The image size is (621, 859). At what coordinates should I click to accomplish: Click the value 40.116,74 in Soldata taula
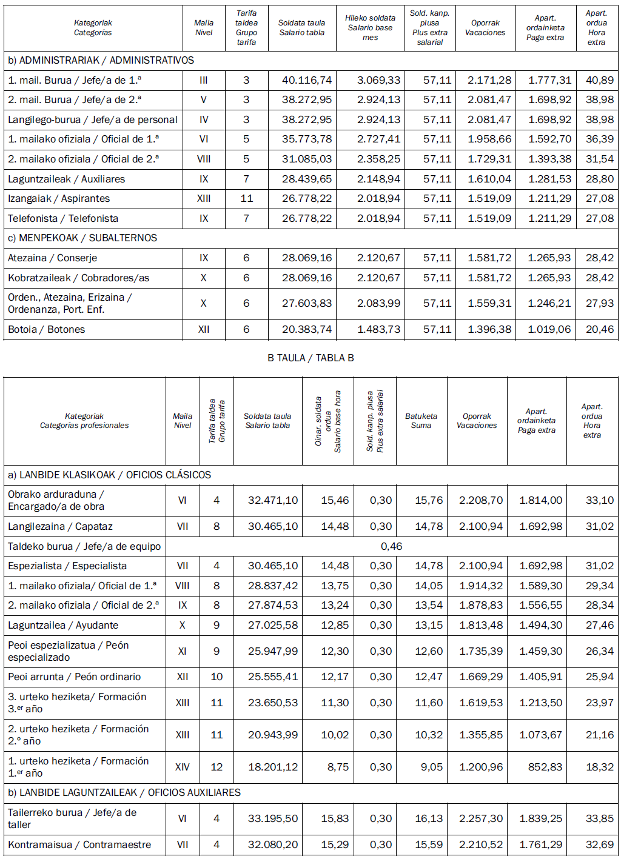[x=307, y=80]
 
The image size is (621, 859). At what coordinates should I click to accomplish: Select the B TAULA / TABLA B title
[x=310, y=358]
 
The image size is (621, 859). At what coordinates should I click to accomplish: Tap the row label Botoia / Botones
[x=47, y=329]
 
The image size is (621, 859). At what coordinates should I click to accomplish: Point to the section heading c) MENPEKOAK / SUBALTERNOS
[x=82, y=238]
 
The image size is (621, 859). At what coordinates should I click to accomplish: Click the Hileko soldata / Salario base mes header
[x=370, y=28]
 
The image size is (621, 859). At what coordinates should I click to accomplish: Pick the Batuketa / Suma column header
[x=421, y=421]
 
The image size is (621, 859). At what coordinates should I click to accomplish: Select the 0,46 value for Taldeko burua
[x=391, y=546]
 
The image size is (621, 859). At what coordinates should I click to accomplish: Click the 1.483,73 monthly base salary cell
[x=378, y=329]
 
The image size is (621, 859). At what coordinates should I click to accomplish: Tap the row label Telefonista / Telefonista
[x=63, y=218]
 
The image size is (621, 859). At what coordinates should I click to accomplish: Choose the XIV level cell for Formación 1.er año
[x=183, y=767]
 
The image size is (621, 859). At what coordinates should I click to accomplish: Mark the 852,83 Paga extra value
[x=545, y=767]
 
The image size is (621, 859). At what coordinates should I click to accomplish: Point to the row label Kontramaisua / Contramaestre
[x=79, y=844]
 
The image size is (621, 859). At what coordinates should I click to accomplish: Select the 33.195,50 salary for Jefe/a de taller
[x=273, y=818]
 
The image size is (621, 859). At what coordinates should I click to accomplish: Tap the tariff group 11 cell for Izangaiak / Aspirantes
[x=246, y=198]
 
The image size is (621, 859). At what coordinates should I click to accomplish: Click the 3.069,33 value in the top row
[x=378, y=80]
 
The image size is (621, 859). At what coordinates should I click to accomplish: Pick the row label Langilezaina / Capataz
[x=61, y=526]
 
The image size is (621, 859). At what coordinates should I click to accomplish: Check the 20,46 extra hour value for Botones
[x=599, y=329]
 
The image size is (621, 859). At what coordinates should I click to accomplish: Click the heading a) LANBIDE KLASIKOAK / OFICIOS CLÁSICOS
[x=109, y=475]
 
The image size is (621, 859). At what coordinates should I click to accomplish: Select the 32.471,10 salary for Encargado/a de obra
[x=273, y=500]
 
